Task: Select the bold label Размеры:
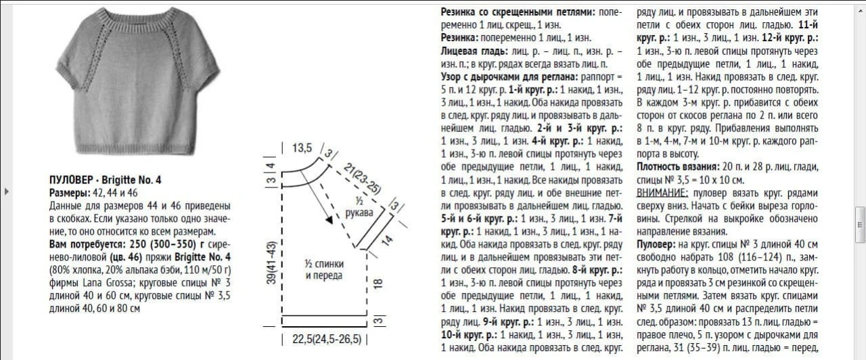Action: point(71,193)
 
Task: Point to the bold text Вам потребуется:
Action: point(88,244)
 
